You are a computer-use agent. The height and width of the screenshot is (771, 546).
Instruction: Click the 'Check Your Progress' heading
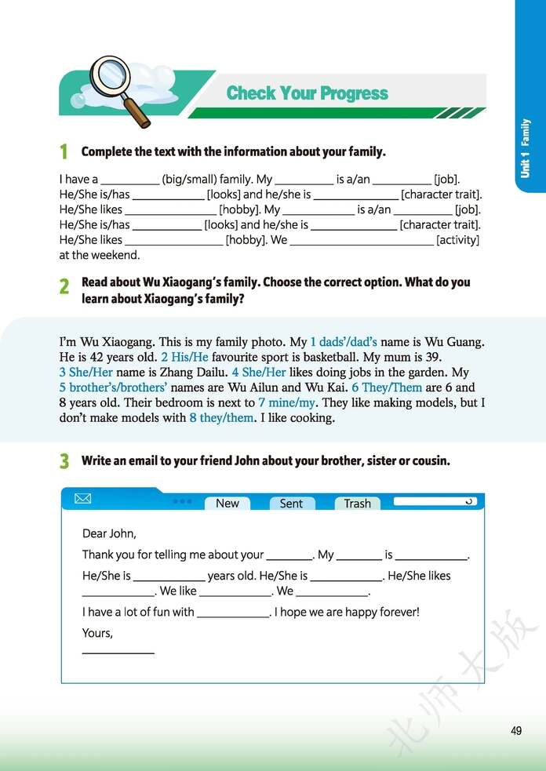click(307, 93)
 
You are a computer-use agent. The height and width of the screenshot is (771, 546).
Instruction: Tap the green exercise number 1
click(64, 151)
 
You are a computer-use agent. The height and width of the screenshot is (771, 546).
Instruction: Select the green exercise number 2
click(64, 288)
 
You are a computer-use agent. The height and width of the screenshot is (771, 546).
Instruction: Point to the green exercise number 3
click(64, 461)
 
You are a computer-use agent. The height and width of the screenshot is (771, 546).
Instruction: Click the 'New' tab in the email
click(227, 504)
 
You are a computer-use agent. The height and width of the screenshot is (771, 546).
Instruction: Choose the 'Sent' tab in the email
click(291, 504)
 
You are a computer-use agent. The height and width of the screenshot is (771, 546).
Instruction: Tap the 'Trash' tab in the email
click(357, 504)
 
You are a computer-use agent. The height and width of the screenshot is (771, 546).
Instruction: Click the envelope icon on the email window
click(82, 499)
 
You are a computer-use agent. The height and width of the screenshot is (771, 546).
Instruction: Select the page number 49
click(515, 731)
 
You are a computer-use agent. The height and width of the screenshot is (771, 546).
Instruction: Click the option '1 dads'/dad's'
click(344, 342)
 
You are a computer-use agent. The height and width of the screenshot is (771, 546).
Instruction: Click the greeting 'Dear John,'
click(109, 533)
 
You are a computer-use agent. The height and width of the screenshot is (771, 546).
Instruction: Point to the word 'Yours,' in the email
click(97, 633)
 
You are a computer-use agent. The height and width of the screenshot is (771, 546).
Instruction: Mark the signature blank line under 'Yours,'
click(118, 652)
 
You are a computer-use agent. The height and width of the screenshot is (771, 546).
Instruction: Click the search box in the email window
click(434, 500)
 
